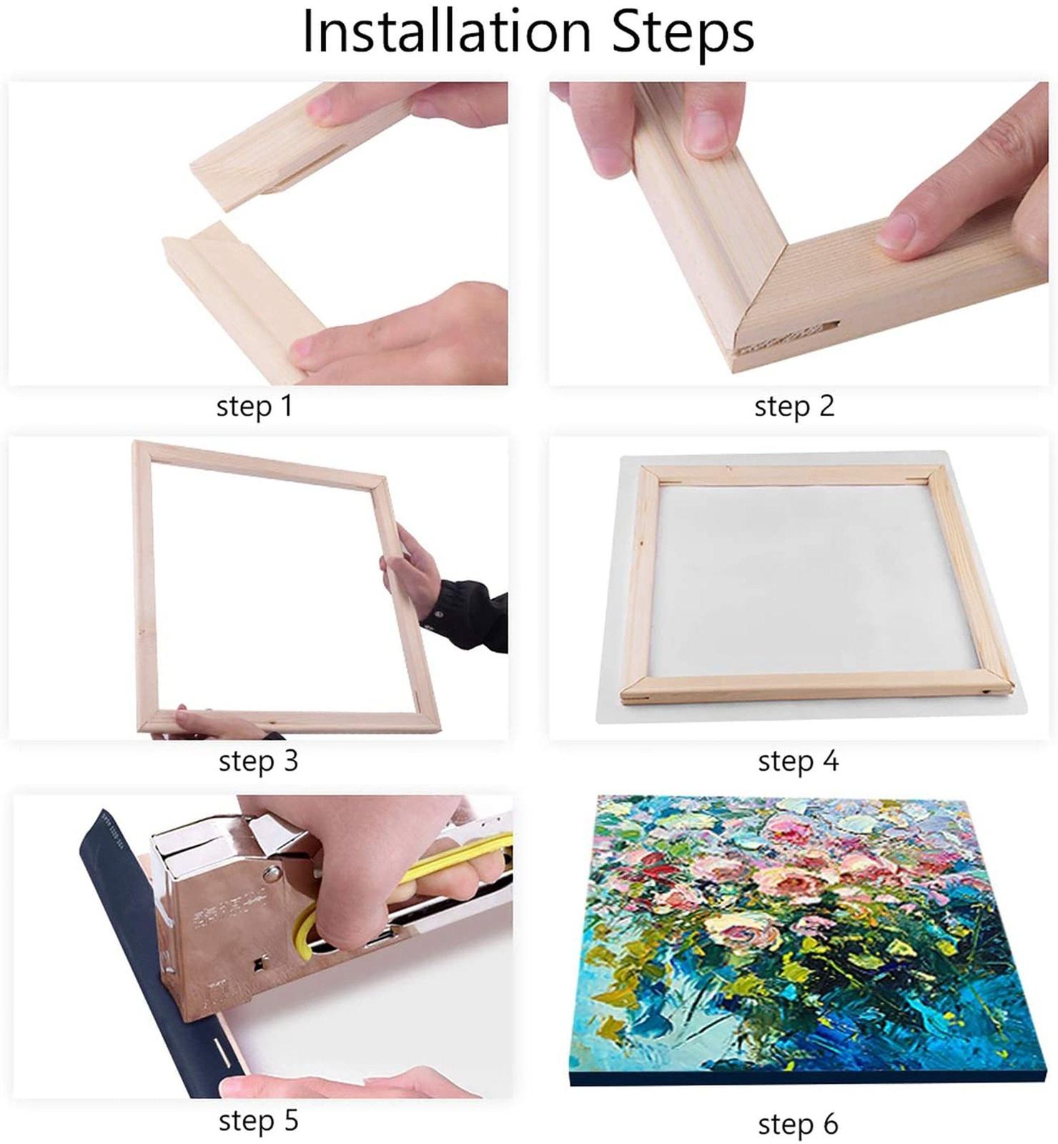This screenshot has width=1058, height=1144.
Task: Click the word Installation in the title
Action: point(447,31)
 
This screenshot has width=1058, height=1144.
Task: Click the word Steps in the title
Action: point(683,31)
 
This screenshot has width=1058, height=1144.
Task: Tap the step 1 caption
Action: point(254,407)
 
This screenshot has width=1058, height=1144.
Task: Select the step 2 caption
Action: point(794,407)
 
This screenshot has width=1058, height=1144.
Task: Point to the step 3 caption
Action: point(258,761)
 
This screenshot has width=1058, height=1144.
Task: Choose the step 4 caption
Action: point(798,761)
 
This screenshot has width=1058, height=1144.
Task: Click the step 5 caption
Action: point(258,1120)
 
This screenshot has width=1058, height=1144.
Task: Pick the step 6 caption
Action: point(798,1124)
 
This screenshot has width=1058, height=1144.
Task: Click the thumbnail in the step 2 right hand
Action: point(896,231)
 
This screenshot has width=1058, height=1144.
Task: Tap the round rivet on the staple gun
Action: point(271,873)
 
